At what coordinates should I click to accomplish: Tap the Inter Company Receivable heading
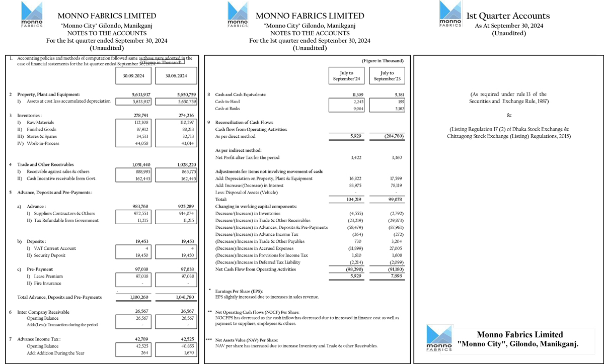point(43,311)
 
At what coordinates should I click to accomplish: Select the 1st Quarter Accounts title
point(508,16)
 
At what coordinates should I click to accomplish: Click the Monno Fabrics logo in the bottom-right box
point(438,337)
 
